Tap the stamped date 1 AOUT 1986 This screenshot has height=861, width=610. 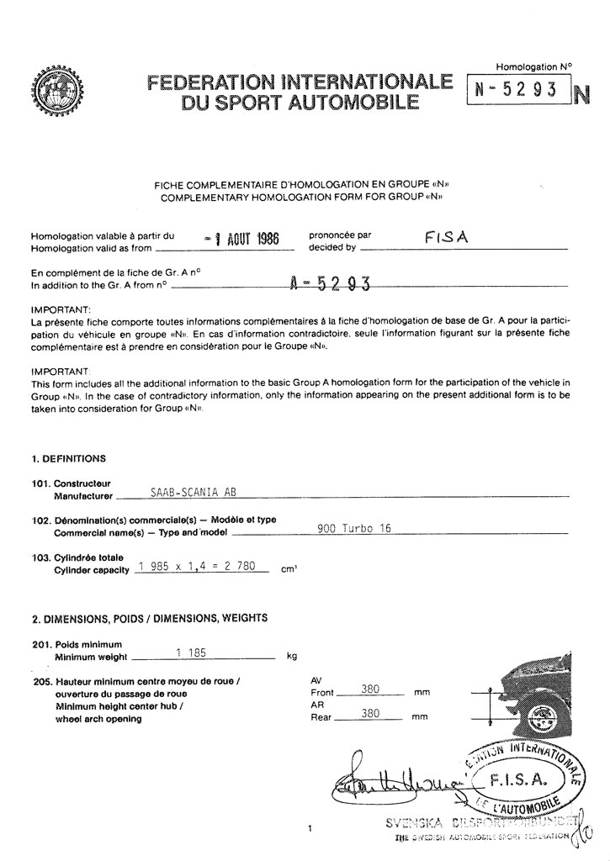[x=241, y=239]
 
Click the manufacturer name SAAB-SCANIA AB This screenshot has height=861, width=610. [x=187, y=494]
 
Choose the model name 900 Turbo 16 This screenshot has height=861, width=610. [x=354, y=529]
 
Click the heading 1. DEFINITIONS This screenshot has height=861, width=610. [x=69, y=458]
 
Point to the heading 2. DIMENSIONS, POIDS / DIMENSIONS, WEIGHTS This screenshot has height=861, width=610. [x=150, y=618]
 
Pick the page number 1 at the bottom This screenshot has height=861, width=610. [x=311, y=830]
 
